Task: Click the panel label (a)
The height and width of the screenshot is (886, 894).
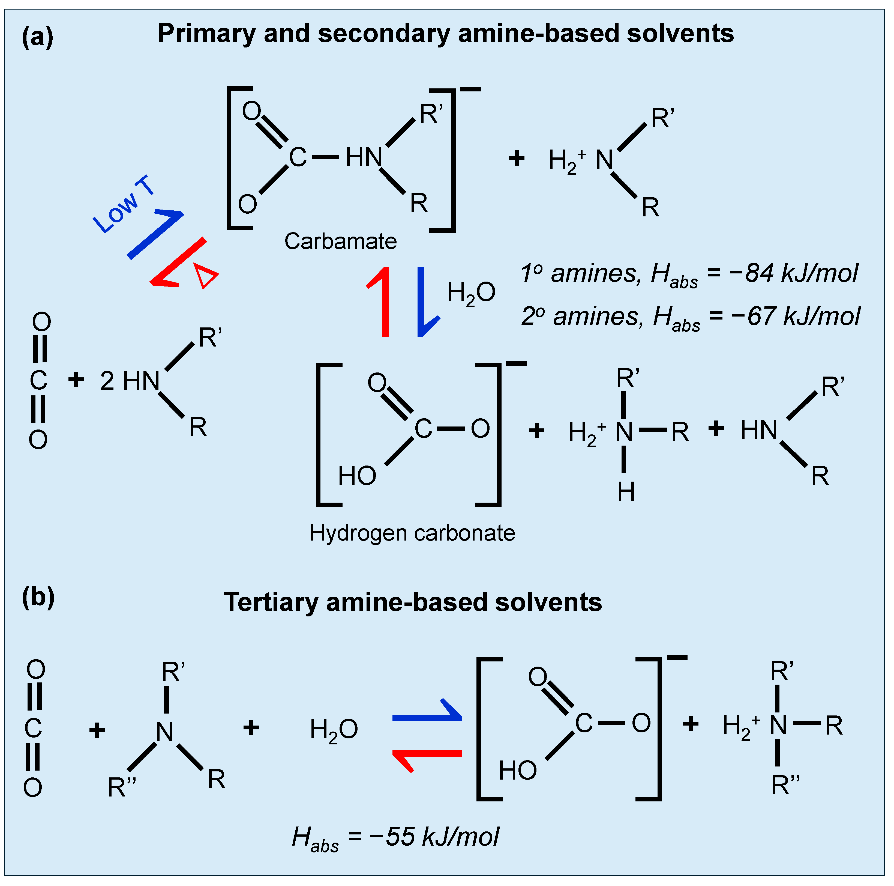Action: pyautogui.click(x=37, y=37)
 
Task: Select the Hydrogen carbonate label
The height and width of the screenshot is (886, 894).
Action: pyautogui.click(x=412, y=533)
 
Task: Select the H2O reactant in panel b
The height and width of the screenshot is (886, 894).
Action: pyautogui.click(x=334, y=730)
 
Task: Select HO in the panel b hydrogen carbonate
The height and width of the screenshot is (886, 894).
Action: pyautogui.click(x=517, y=771)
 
